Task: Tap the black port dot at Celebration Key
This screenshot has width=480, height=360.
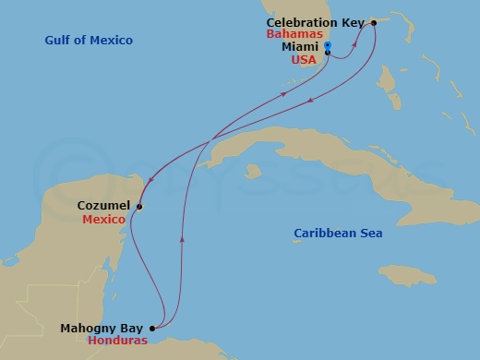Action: pyautogui.click(x=374, y=22)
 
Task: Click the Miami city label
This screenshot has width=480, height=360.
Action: pyautogui.click(x=301, y=46)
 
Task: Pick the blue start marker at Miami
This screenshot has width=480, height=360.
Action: pyautogui.click(x=328, y=44)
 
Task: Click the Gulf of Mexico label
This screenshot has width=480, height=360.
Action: pyautogui.click(x=89, y=41)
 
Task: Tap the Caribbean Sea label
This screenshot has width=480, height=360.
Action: pyautogui.click(x=338, y=234)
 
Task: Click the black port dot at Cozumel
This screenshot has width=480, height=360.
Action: pyautogui.click(x=139, y=207)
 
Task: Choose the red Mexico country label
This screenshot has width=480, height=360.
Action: pyautogui.click(x=103, y=221)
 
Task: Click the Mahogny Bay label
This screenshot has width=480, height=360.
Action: pyautogui.click(x=102, y=328)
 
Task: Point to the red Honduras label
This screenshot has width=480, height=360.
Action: pyautogui.click(x=117, y=341)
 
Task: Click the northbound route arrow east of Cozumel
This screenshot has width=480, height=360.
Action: pyautogui.click(x=182, y=239)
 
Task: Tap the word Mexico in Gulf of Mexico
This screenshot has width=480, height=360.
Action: pyautogui.click(x=113, y=41)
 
